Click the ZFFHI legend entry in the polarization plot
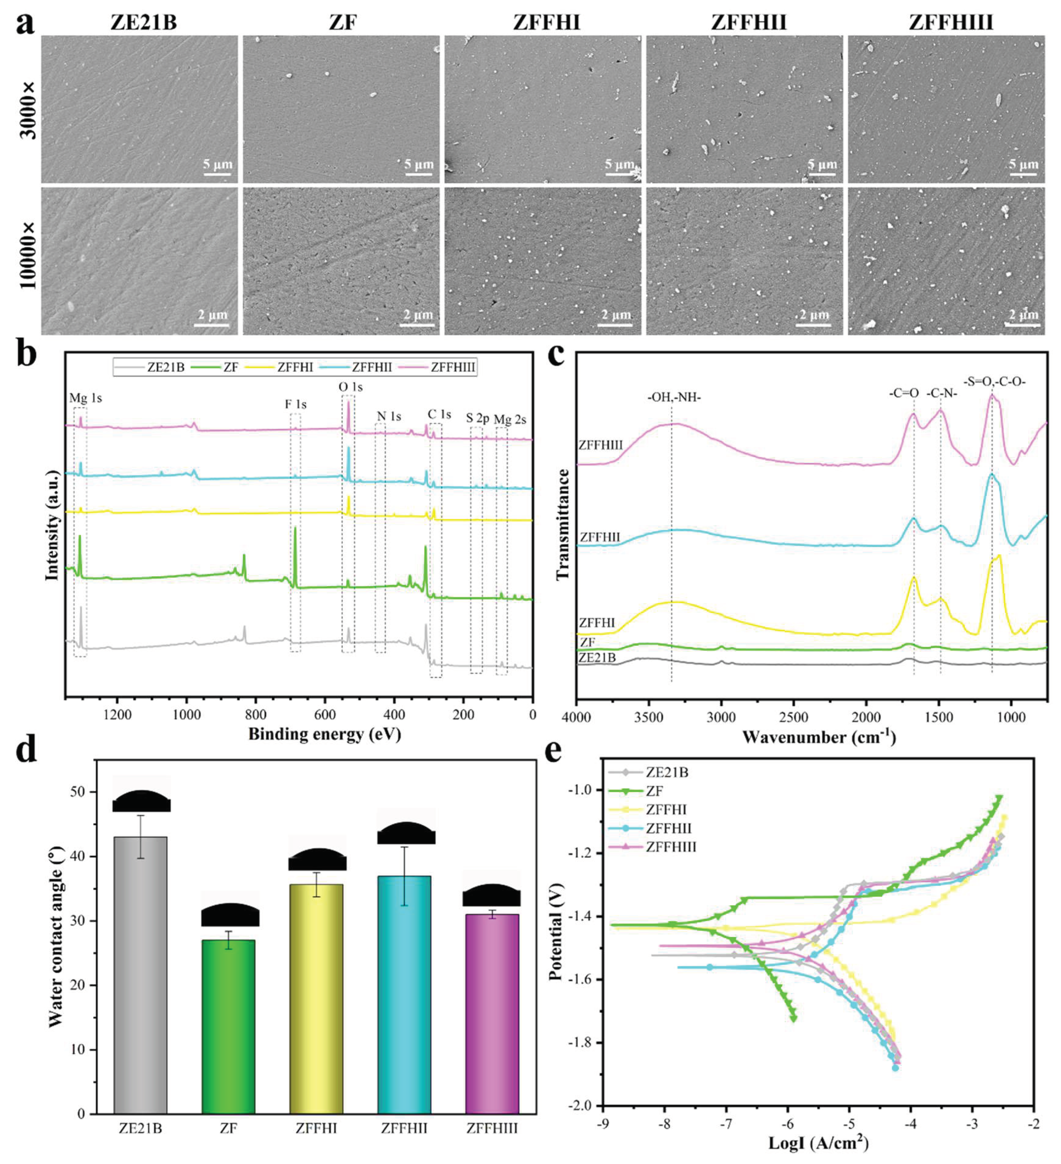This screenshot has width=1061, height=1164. [x=666, y=810]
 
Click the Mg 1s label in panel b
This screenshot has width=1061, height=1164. [x=85, y=398]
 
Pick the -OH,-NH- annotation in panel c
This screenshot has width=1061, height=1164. [x=674, y=397]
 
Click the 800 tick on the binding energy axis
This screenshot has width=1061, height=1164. [x=256, y=715]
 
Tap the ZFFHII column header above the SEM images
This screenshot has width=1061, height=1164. [x=749, y=22]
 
